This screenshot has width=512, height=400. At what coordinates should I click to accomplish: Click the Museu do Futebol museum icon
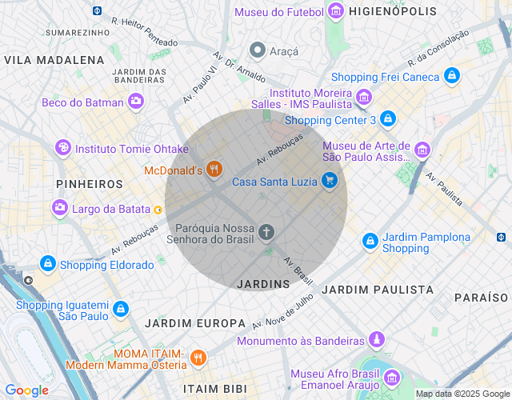336,11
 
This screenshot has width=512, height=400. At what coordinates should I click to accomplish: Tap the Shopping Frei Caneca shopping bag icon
452,77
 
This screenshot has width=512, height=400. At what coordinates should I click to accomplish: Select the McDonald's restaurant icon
213,170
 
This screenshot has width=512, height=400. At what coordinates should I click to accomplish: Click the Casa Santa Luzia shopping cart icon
329,182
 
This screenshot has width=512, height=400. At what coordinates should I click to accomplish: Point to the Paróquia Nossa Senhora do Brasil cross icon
266,233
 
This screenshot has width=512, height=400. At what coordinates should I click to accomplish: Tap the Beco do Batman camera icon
136,102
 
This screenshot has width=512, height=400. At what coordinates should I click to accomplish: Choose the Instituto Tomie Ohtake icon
62,149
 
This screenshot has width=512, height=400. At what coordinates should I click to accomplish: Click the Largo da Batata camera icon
60,209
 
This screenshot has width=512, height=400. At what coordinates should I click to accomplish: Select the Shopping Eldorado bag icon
48,265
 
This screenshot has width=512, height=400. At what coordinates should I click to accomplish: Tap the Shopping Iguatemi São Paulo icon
120,309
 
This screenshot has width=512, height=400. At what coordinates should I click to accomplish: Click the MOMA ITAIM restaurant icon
199,358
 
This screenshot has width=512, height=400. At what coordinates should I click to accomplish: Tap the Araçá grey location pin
258,50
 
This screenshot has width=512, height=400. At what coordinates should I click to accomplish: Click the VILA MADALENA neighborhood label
54,60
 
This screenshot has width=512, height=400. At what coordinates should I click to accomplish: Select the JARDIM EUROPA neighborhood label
195,322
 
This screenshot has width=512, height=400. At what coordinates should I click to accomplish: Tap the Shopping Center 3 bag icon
388,120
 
